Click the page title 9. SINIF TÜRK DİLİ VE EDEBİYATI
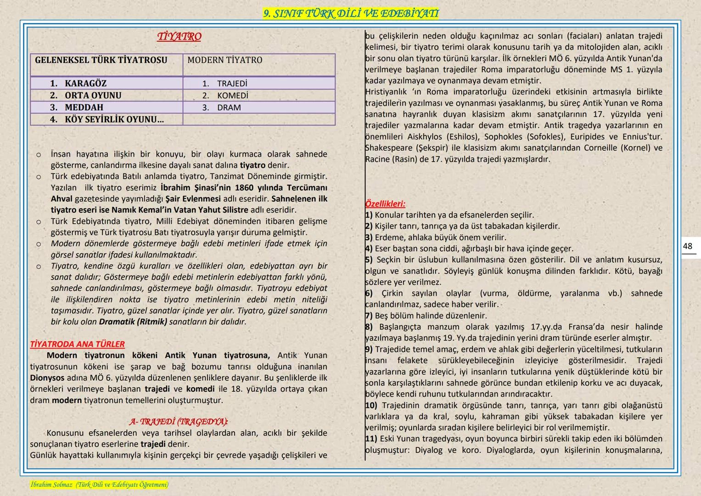tap(351, 14)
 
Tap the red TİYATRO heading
tap(179, 36)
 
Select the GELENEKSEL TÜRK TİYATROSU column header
tap(101, 60)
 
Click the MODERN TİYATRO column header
tap(224, 60)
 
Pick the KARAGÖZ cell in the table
tap(85, 83)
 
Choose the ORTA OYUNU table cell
tap(93, 95)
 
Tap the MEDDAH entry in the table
tap(84, 107)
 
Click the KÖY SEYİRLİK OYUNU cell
tap(114, 119)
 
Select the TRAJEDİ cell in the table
tap(232, 84)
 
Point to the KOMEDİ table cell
tap(232, 96)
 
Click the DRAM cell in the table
tap(229, 107)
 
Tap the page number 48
tap(687, 246)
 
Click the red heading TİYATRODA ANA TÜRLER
tap(77, 344)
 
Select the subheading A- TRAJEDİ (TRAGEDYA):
tap(179, 422)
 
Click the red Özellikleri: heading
tap(385, 203)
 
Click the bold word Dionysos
tap(47, 378)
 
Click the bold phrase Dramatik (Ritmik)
tap(133, 322)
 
